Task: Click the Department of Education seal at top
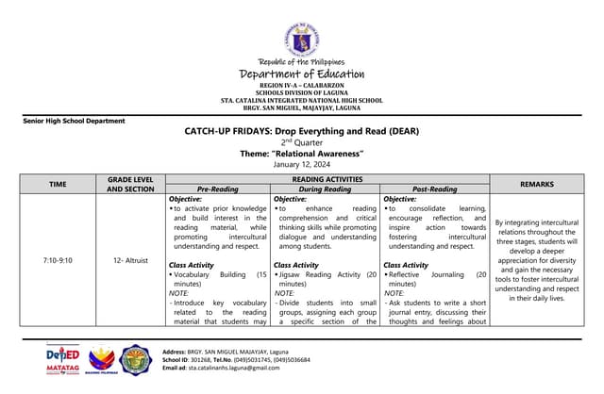pos(301,39)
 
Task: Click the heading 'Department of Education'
pos(301,74)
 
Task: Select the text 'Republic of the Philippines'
pos(301,62)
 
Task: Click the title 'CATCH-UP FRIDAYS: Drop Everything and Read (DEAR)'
pos(301,131)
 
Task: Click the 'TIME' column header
pos(58,183)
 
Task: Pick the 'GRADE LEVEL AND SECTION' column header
pos(131,183)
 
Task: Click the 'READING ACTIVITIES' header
pos(327,178)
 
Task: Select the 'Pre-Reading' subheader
pos(218,189)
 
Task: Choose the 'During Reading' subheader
pos(326,189)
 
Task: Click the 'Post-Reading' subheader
pos(435,189)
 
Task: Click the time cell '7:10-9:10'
pos(58,259)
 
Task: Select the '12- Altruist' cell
pos(131,259)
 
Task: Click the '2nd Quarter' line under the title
pos(301,142)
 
